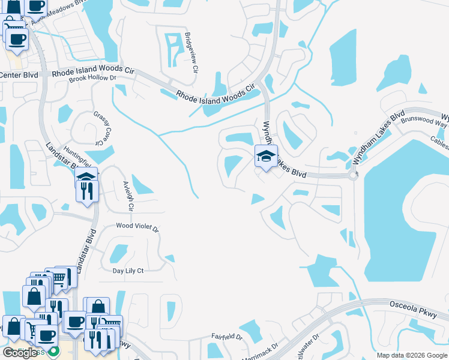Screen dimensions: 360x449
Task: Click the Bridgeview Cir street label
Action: click(191, 52)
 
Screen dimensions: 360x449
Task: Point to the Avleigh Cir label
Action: click(127, 196)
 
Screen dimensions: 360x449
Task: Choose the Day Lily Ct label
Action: click(128, 271)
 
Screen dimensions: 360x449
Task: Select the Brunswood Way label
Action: click(424, 122)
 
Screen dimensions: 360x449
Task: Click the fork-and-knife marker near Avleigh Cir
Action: click(88, 191)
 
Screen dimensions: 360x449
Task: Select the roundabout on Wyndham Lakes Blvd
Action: click(353, 175)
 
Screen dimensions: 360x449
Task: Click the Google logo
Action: click(20, 353)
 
